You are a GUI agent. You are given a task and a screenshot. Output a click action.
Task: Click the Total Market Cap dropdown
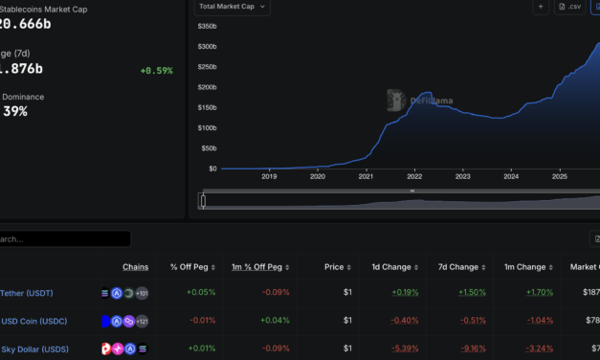(x=233, y=7)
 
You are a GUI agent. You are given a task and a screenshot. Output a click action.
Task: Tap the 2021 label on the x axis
(x=367, y=176)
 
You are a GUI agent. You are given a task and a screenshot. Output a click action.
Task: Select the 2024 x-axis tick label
(x=511, y=176)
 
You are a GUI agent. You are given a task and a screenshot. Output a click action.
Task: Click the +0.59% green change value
(x=156, y=70)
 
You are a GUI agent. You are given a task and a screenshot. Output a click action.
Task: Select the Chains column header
(x=135, y=267)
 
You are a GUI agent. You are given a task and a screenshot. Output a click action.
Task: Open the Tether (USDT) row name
(x=27, y=293)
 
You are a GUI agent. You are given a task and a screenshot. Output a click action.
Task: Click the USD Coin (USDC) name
(x=33, y=321)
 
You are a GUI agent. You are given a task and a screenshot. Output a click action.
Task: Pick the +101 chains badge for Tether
(x=142, y=293)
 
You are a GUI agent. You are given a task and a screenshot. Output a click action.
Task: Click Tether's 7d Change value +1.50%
(x=472, y=293)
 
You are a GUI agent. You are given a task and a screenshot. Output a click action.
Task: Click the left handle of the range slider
(x=203, y=200)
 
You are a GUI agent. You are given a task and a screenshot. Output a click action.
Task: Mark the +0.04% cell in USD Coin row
(x=276, y=321)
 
